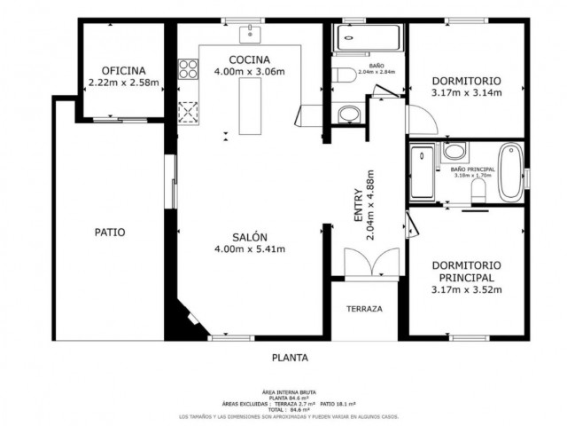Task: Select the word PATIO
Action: tap(110, 233)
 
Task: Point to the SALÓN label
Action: tap(250, 237)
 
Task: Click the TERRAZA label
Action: tap(364, 310)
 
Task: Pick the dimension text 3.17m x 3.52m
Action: tap(466, 289)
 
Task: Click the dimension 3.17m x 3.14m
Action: tap(466, 92)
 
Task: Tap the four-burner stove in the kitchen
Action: tap(187, 69)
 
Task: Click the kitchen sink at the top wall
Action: tap(251, 35)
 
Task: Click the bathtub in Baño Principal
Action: tap(509, 170)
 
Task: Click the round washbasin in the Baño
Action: tap(349, 114)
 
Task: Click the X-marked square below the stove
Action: tap(188, 114)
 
